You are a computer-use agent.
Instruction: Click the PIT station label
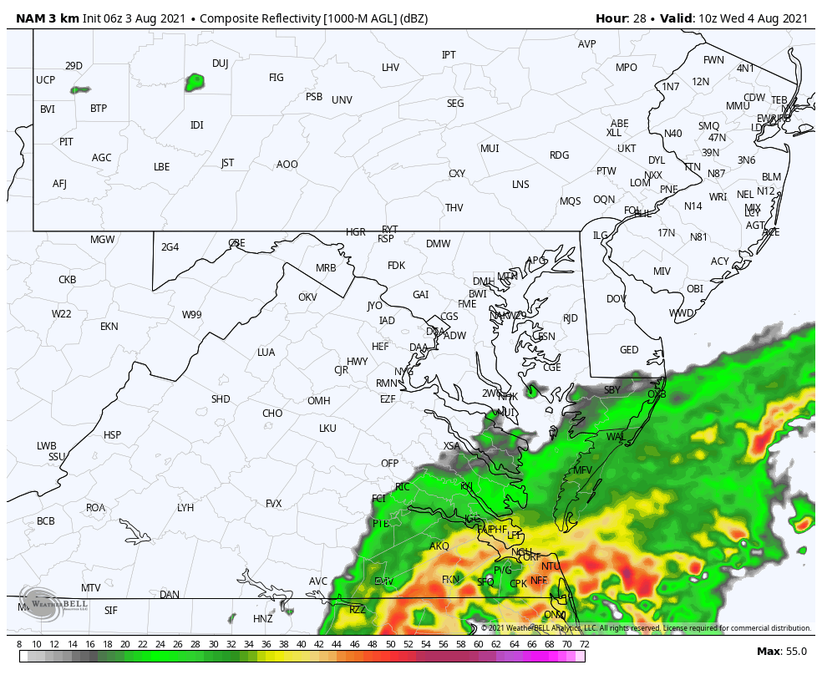[x=66, y=142]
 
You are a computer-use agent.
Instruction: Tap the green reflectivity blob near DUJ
[x=195, y=82]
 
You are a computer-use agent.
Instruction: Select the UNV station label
[x=342, y=100]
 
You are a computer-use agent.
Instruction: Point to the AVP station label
[x=587, y=44]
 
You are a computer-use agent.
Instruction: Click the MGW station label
[x=102, y=240]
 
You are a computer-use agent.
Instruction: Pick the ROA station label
[x=96, y=508]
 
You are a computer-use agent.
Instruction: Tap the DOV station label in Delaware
[x=616, y=299]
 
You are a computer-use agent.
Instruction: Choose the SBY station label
[x=612, y=390]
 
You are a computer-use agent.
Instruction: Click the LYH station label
[x=185, y=508]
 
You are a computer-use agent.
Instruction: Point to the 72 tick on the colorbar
[x=584, y=644]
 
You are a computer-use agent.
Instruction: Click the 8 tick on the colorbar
[x=19, y=644]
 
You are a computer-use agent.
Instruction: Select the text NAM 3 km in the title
[x=48, y=18]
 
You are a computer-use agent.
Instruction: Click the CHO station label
[x=272, y=414]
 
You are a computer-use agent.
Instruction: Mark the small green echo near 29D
[x=80, y=89]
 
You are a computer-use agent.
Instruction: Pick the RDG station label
[x=559, y=155]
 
